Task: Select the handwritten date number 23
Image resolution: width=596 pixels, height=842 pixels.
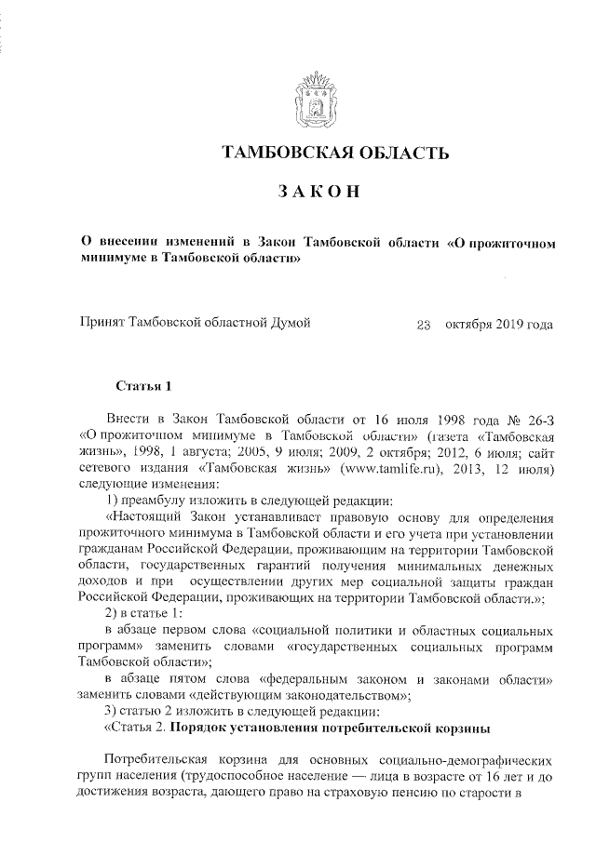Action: point(424,325)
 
